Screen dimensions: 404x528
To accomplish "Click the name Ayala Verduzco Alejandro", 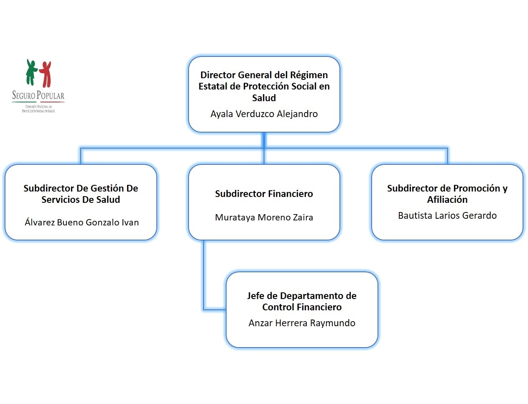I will (x=264, y=114).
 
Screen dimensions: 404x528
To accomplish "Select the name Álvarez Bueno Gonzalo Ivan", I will (x=82, y=222).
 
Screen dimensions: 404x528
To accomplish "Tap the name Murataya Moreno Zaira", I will (x=264, y=217).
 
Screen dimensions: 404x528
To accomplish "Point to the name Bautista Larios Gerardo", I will (x=447, y=215).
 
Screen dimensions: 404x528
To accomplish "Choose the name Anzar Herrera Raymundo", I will (x=302, y=323).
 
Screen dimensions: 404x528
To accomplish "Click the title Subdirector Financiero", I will (x=264, y=194).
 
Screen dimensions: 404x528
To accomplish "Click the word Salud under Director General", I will (x=264, y=98).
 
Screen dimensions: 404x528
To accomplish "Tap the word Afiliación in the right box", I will (x=447, y=199).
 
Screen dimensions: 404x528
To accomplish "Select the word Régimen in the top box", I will (x=309, y=75).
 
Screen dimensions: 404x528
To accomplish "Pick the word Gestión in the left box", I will (x=105, y=188).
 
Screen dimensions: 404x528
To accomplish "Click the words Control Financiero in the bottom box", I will (x=302, y=307).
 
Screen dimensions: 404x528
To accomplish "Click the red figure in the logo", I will (x=46, y=74).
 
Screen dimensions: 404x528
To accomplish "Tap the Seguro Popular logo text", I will (x=38, y=96).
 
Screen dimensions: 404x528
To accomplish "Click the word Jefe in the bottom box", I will (x=255, y=296).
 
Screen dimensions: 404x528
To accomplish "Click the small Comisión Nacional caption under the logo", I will (x=38, y=109).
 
